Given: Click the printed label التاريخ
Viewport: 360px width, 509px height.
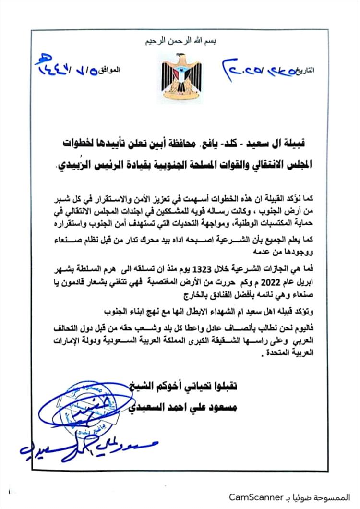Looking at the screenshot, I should [x=317, y=70].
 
